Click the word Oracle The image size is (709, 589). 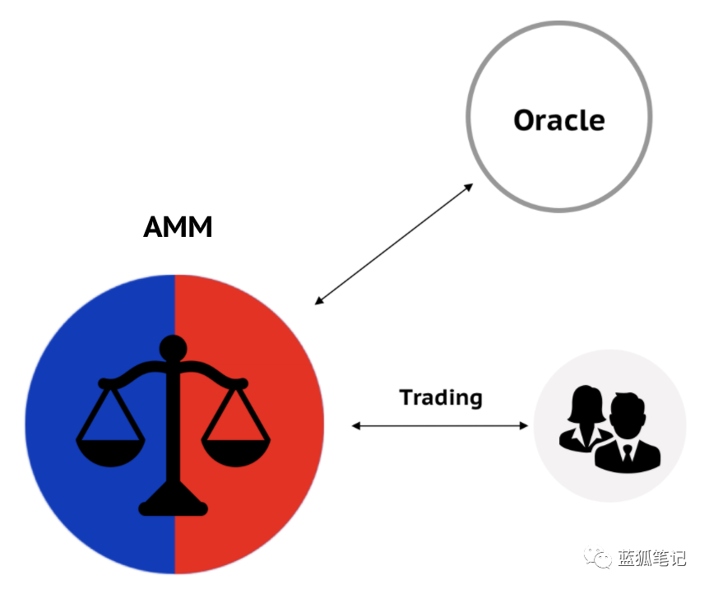[558, 120]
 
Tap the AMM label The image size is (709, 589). [178, 227]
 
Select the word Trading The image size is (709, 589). [441, 398]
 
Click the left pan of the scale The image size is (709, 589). [110, 452]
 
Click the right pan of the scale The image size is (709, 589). [235, 452]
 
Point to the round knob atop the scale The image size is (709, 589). [174, 349]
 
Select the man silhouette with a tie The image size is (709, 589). [628, 434]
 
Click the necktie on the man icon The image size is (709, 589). [627, 453]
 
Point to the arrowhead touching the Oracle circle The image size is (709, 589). [469, 187]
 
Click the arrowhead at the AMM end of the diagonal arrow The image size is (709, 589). [319, 300]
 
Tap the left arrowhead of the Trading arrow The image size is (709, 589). [356, 425]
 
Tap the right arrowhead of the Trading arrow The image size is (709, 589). [524, 425]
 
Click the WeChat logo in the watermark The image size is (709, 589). [598, 558]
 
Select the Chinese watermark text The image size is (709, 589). [651, 559]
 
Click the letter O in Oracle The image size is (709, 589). [525, 120]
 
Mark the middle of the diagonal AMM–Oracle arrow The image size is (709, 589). [394, 243]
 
